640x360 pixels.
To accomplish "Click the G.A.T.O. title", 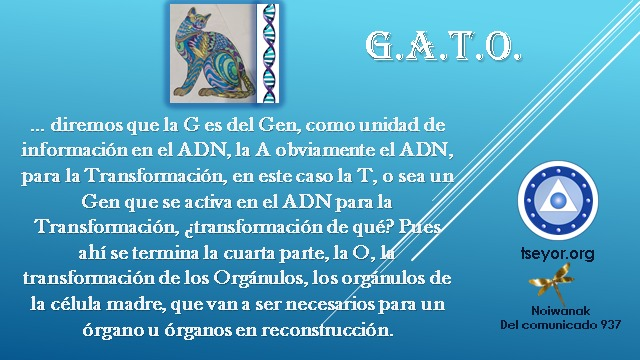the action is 443,46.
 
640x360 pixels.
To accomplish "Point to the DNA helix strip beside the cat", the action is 268,53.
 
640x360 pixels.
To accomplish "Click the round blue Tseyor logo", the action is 558,200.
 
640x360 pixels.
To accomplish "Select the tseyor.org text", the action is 558,253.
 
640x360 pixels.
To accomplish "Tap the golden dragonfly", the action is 551,283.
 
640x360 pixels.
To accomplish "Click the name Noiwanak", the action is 560,311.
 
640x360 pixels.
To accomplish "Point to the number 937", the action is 611,325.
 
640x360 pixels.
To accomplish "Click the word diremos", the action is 86,124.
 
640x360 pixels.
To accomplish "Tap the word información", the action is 74,150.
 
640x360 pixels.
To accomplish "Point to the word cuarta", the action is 249,253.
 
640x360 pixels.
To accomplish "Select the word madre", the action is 136,304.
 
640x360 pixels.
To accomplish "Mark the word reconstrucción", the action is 327,330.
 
